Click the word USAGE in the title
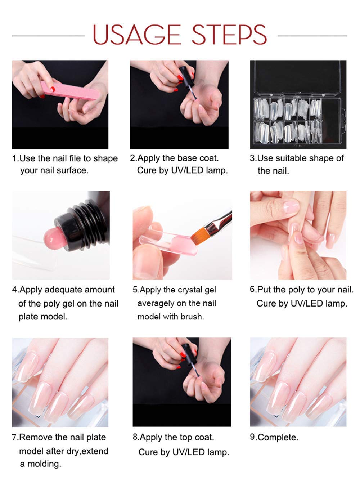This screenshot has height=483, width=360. [x=137, y=35]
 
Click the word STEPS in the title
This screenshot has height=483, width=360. [x=229, y=35]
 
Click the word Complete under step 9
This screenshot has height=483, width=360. [x=278, y=438]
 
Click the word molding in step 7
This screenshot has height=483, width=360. [x=44, y=464]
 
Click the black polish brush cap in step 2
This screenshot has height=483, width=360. [x=186, y=77]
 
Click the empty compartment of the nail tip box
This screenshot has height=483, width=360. [x=331, y=121]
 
